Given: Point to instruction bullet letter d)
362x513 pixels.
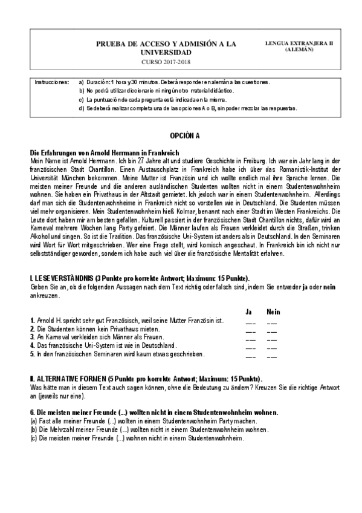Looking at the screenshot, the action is pyautogui.click(x=82, y=108).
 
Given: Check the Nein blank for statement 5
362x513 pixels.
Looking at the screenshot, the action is pyautogui.click(x=272, y=355).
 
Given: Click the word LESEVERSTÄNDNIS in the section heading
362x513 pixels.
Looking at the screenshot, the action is pyautogui.click(x=57, y=277).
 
